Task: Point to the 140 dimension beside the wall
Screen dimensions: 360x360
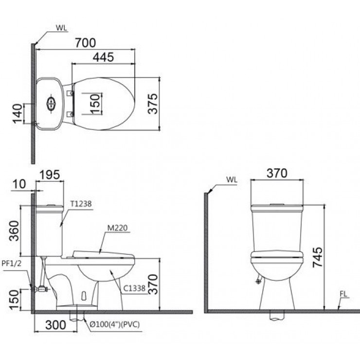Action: coord(18,114)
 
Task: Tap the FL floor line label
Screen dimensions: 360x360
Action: coord(344,293)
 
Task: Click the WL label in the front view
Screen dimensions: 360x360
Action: coord(231,180)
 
